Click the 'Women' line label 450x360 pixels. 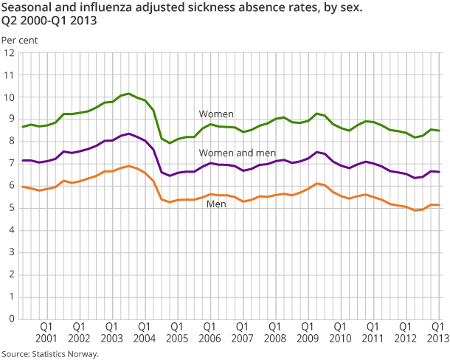click(216, 114)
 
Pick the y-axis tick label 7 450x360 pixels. click(11, 164)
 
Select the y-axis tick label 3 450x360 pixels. click(11, 252)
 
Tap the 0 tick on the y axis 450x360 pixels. click(11, 319)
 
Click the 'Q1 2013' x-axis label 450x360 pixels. click(437, 332)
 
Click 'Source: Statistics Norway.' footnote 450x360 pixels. click(50, 353)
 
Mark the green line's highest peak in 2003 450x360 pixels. click(129, 94)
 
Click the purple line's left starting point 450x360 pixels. click(23, 160)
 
